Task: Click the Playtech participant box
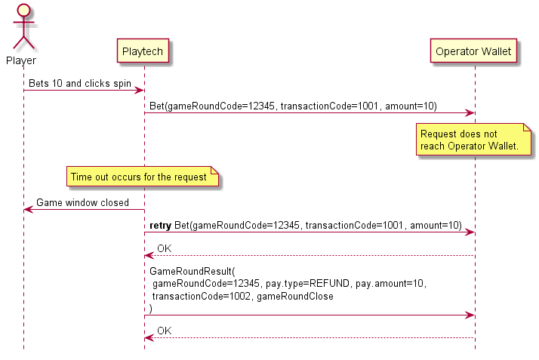coord(143,51)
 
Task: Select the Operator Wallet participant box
coord(474,51)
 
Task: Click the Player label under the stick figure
coord(21,60)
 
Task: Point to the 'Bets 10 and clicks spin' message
coord(80,83)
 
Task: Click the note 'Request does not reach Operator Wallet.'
coord(469,140)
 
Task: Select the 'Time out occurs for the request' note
coord(139,177)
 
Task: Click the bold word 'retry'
coord(160,225)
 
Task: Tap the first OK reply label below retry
coord(164,248)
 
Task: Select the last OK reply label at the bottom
coord(164,331)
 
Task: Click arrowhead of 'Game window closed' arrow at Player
coord(28,210)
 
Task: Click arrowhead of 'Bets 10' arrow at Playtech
coord(140,91)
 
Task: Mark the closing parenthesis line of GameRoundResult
coord(151,308)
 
